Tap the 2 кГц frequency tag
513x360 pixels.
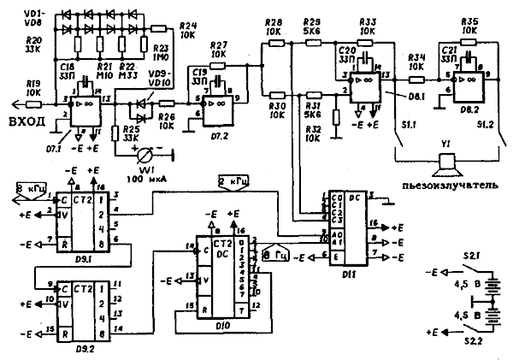tap(232, 181)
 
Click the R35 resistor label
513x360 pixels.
tap(469, 21)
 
